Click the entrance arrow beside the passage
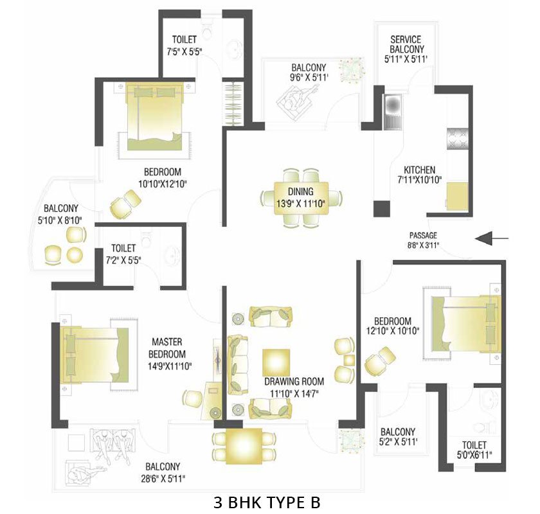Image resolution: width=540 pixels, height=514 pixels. point(491,239)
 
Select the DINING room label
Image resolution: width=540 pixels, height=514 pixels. point(300,191)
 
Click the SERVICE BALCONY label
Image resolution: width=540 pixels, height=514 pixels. point(405,44)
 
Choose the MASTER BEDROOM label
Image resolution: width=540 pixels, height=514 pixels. point(168,348)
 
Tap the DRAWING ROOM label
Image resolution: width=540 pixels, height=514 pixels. point(294,380)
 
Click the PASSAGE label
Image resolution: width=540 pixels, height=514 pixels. point(422,235)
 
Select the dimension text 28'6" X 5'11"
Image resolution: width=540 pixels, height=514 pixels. point(161,479)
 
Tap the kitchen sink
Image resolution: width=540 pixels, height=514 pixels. point(391,112)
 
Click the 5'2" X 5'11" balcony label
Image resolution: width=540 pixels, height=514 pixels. point(397,437)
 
